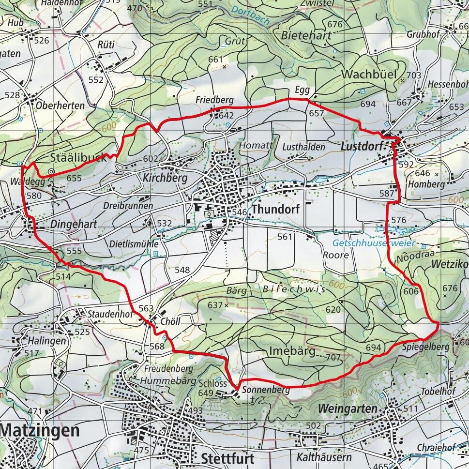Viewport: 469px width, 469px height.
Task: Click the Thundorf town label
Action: [276, 210]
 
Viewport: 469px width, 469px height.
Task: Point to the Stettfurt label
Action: [227, 458]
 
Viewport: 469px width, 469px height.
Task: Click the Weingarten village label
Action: [347, 409]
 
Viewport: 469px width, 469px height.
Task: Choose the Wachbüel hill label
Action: [369, 75]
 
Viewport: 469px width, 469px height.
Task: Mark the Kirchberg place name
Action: [165, 178]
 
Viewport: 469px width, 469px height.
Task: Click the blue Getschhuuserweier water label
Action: [374, 243]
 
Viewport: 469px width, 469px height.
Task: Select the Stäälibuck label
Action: [78, 157]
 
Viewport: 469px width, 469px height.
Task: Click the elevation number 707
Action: [334, 358]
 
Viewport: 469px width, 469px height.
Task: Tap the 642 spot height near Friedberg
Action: [226, 115]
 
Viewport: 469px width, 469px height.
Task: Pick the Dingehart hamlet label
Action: [74, 225]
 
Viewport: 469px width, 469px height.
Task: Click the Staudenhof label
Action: [110, 314]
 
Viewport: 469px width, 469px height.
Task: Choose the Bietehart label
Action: [306, 35]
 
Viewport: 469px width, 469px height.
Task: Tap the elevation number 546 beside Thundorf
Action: [240, 212]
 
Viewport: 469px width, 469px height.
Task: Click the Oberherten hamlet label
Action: [60, 105]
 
